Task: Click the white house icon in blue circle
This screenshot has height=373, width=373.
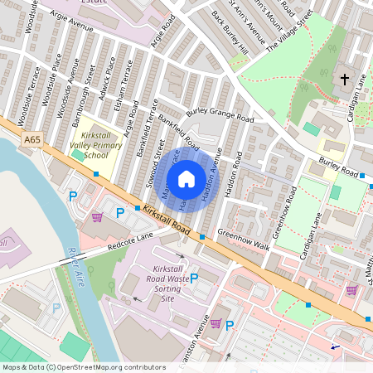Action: pos(186,178)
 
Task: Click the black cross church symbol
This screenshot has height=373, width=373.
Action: pos(345,80)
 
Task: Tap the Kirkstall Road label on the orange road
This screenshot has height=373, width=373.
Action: pos(167,219)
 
